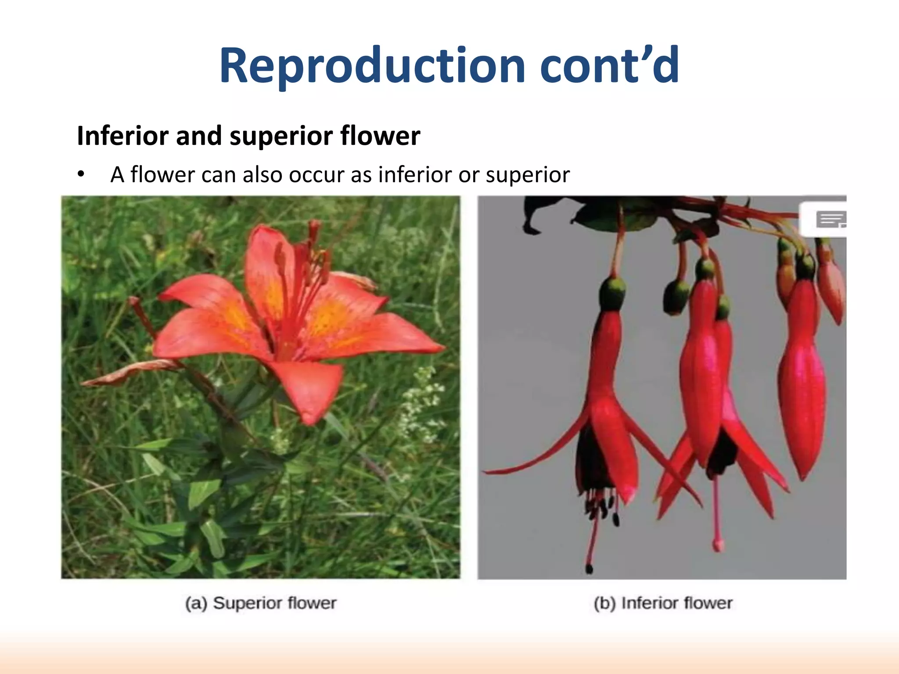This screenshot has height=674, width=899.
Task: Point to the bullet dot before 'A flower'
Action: [80, 175]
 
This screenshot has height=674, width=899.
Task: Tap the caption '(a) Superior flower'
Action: [261, 603]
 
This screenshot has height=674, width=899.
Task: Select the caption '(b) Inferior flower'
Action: [663, 603]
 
